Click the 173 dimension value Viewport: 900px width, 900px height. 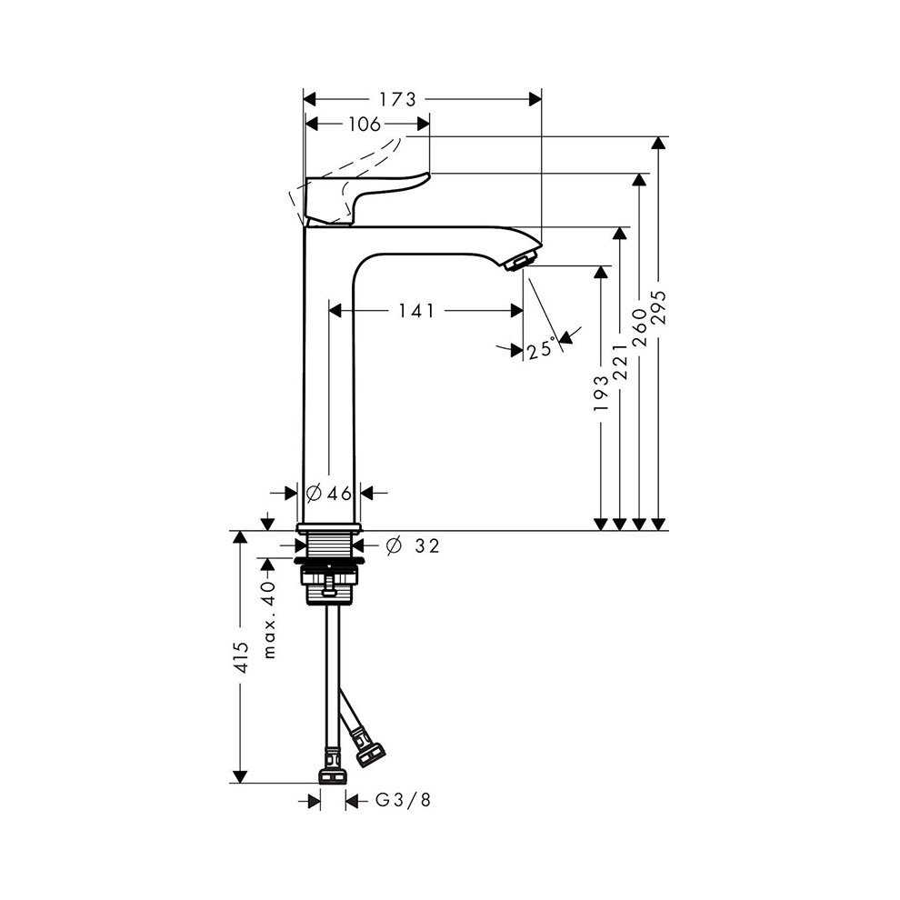[x=397, y=100]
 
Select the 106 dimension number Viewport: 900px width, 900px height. [x=365, y=124]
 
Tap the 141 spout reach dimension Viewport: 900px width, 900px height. [x=416, y=311]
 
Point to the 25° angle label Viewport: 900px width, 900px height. [x=542, y=348]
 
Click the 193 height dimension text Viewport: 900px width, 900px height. [x=601, y=394]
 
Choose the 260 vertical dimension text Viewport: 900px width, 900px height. [x=639, y=328]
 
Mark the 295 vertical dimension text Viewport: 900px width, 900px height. [x=659, y=308]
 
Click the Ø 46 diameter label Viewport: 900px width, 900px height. [x=329, y=493]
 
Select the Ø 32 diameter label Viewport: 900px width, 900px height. [x=412, y=545]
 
